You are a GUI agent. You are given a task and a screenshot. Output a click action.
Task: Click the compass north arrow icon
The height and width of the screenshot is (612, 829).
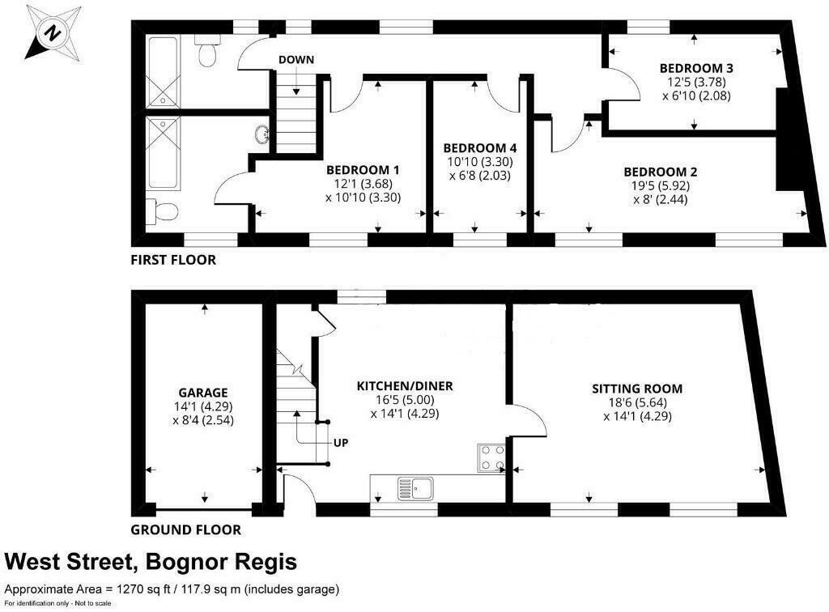[x=53, y=32]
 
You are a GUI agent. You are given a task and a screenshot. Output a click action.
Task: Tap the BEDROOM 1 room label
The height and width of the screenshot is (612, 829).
[x=363, y=170]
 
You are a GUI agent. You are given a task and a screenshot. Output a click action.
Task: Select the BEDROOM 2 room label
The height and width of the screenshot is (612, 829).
[x=660, y=172]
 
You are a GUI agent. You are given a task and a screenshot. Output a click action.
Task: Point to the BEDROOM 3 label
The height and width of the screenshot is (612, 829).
[x=695, y=67]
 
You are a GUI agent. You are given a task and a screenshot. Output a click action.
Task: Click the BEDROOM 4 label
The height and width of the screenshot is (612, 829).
[x=479, y=148]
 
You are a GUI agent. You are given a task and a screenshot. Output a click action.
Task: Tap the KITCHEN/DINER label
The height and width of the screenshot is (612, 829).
[x=405, y=386]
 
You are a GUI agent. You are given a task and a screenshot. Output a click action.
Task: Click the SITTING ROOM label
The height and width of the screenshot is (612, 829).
[x=637, y=388]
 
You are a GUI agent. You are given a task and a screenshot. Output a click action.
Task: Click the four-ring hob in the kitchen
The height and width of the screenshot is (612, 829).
[x=491, y=458]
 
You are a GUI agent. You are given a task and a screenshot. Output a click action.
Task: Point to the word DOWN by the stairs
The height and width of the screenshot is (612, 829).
[x=296, y=60]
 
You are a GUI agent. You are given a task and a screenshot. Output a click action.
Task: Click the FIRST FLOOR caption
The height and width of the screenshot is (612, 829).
[x=173, y=261]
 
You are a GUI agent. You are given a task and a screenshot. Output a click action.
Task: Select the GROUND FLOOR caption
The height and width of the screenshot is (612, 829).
[x=185, y=530]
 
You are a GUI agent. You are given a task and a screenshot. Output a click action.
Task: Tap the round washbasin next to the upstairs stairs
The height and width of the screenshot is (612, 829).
[x=263, y=134]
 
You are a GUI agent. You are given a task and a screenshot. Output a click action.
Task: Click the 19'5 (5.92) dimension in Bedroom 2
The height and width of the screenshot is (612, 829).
[x=660, y=185]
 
